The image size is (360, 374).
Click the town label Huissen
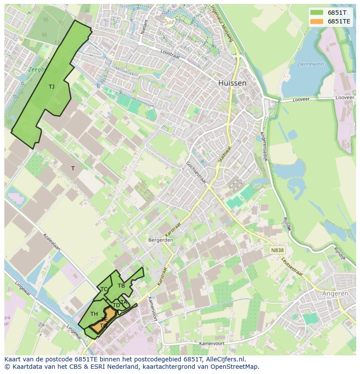232,83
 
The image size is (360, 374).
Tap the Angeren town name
335,294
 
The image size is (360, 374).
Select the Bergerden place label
161,240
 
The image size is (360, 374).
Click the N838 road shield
277,250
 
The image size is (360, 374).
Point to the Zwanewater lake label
311,64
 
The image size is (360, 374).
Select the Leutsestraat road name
292,266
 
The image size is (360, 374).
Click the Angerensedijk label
263,147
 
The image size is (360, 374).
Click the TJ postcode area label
51,87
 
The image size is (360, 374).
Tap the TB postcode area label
121,286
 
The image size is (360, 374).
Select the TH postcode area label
94,314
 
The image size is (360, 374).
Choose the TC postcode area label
104,289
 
